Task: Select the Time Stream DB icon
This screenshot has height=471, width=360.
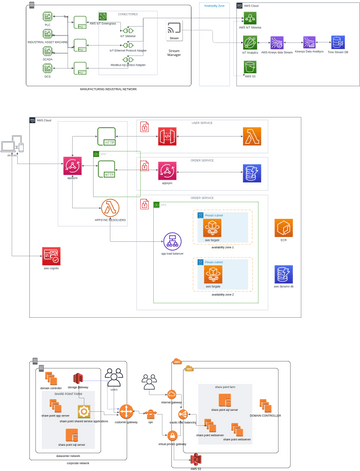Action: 336,44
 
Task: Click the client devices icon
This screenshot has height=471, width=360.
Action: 11,148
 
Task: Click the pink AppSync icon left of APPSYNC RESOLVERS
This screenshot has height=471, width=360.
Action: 72,166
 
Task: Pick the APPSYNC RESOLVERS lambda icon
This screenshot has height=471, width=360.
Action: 112,208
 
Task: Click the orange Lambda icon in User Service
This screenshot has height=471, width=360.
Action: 251,138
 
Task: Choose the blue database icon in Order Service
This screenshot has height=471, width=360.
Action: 251,174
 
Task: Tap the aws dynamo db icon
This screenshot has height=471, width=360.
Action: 284,274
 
